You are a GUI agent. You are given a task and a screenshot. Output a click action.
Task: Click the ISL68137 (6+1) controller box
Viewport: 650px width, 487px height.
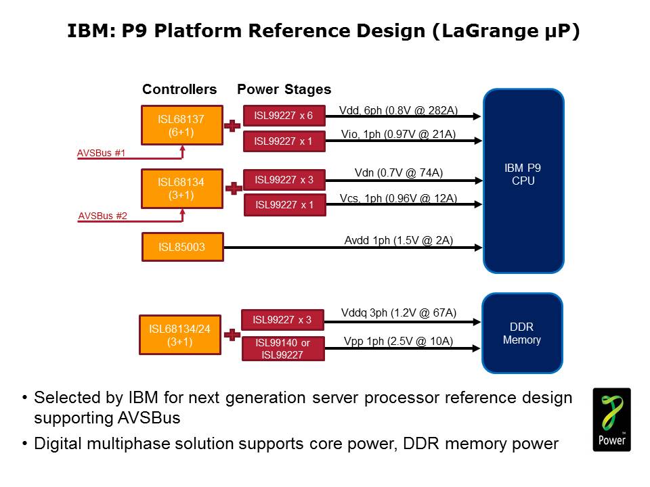(181, 125)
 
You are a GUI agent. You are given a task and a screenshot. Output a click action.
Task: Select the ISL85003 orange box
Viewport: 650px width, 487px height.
(181, 247)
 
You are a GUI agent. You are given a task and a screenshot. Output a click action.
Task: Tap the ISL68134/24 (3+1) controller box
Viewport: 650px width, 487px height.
(180, 335)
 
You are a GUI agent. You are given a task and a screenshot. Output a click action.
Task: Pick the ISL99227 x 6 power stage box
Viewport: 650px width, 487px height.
(284, 116)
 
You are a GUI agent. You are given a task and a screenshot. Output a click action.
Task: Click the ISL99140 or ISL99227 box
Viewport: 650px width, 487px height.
(283, 348)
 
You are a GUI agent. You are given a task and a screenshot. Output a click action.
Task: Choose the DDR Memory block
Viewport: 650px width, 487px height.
(522, 333)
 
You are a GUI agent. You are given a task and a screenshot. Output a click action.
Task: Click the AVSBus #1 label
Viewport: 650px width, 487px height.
(101, 153)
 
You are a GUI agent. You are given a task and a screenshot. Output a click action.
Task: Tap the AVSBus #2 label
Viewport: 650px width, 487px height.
(102, 216)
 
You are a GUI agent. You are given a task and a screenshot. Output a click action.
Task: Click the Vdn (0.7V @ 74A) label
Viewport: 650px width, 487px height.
(399, 173)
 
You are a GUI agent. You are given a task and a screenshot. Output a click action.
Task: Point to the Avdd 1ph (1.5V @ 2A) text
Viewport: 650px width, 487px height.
(399, 240)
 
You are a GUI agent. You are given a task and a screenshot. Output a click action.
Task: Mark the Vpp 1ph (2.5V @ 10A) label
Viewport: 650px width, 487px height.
(399, 341)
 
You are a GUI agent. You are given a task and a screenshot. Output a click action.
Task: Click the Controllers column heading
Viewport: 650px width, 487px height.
(179, 89)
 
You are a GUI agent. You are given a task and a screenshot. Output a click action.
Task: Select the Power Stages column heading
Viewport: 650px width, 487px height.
(284, 89)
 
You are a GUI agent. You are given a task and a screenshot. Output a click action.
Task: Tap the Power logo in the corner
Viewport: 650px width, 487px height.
(611, 419)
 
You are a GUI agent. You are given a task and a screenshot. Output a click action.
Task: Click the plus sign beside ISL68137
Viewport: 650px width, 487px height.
(232, 126)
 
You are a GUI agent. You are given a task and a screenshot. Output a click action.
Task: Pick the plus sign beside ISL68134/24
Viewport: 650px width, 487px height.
(232, 335)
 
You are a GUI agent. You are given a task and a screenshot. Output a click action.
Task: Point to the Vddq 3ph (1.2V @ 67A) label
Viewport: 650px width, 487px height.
(399, 312)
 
